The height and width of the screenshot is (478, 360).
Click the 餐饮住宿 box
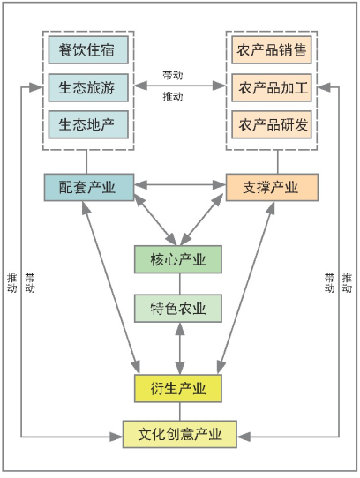tap(88, 50)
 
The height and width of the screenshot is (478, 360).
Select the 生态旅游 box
tap(88, 87)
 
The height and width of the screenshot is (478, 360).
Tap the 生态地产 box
tap(88, 124)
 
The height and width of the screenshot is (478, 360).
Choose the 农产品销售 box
tap(272, 50)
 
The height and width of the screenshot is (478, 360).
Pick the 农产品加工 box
tap(272, 87)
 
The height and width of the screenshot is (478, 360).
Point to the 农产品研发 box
tap(272, 124)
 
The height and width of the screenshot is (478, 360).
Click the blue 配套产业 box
tap(89, 187)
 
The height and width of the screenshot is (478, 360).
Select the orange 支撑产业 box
tap(272, 187)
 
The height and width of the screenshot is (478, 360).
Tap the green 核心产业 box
tap(178, 259)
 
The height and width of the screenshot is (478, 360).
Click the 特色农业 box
tap(178, 308)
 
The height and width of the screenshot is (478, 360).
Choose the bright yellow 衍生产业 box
tap(178, 388)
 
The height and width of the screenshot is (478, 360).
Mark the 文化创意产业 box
tap(180, 434)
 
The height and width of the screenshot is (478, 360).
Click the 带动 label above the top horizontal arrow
tap(173, 75)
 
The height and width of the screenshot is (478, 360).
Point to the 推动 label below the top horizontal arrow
tap(173, 97)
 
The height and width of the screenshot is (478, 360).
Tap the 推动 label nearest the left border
tap(11, 283)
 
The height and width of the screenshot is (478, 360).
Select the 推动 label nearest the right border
tap(347, 283)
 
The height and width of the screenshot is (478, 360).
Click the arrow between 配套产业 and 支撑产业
tap(180, 184)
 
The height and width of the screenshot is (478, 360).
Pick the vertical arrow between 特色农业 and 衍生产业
tap(180, 348)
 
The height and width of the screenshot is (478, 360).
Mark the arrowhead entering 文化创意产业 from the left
tap(116, 437)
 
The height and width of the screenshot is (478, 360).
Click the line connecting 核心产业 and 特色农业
tap(180, 284)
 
